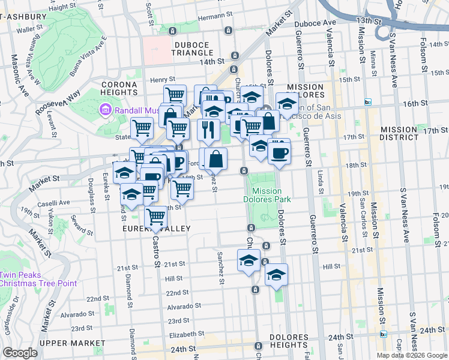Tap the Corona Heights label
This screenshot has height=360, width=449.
click(119, 88)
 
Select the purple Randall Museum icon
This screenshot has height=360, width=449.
click(106, 110)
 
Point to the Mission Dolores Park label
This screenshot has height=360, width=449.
click(267, 195)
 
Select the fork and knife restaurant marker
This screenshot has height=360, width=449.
click(207, 130)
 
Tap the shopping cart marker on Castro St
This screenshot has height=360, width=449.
click(155, 217)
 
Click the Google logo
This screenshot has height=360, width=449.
click(20, 353)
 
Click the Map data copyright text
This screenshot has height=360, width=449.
click(411, 355)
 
